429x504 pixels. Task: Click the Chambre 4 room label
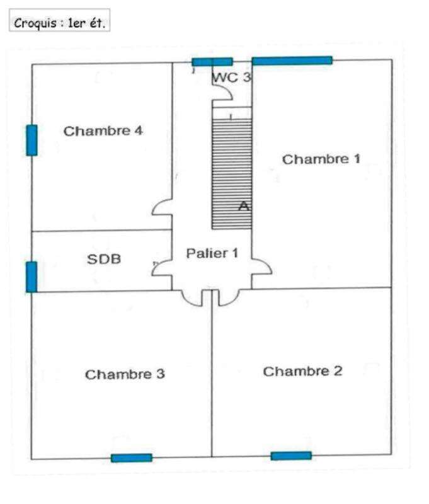pyautogui.click(x=103, y=131)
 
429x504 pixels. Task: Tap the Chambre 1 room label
pyautogui.click(x=321, y=159)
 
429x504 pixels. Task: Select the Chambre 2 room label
pyautogui.click(x=302, y=371)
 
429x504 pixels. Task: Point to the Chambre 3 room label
pyautogui.click(x=125, y=374)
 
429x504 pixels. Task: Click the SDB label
pyautogui.click(x=104, y=259)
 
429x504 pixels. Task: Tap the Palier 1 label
pyautogui.click(x=212, y=253)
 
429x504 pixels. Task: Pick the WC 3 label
pyautogui.click(x=231, y=77)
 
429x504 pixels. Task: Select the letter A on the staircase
pyautogui.click(x=244, y=206)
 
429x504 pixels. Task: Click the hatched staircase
pyautogui.click(x=232, y=174)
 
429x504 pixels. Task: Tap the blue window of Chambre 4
pyautogui.click(x=31, y=140)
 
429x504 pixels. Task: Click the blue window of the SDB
pyautogui.click(x=31, y=277)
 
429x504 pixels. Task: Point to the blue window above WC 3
pyautogui.click(x=212, y=62)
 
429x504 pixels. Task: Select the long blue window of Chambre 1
pyautogui.click(x=292, y=60)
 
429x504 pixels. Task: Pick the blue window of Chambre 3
pyautogui.click(x=132, y=458)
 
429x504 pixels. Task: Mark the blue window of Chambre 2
pyautogui.click(x=291, y=455)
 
